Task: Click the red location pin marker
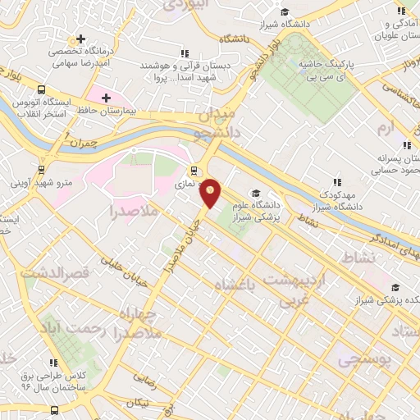[x=212, y=193]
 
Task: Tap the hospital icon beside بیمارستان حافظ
[x=106, y=98]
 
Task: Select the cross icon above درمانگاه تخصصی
[x=80, y=39]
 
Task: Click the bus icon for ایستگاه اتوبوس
[x=42, y=90]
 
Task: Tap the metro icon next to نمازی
[x=194, y=171]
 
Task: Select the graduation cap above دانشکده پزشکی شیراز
[x=396, y=287]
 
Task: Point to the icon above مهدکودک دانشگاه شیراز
[x=336, y=182]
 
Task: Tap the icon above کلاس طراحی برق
[x=53, y=363]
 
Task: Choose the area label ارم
[x=386, y=129]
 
